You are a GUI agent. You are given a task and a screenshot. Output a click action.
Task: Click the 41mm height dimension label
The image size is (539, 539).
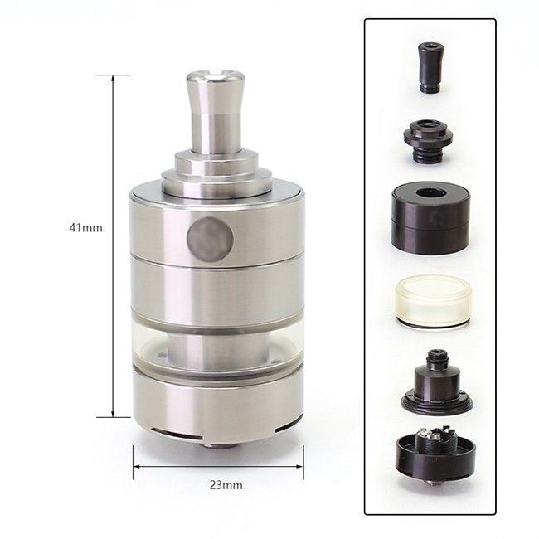coord(85,227)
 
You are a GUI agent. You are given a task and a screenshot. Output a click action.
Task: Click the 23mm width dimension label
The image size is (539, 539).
coord(226,485)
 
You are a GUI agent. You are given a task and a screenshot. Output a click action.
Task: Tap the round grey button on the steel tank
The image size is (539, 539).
coord(210,239)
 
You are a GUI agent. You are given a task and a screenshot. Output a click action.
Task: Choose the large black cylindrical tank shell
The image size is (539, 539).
coord(430,218)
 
